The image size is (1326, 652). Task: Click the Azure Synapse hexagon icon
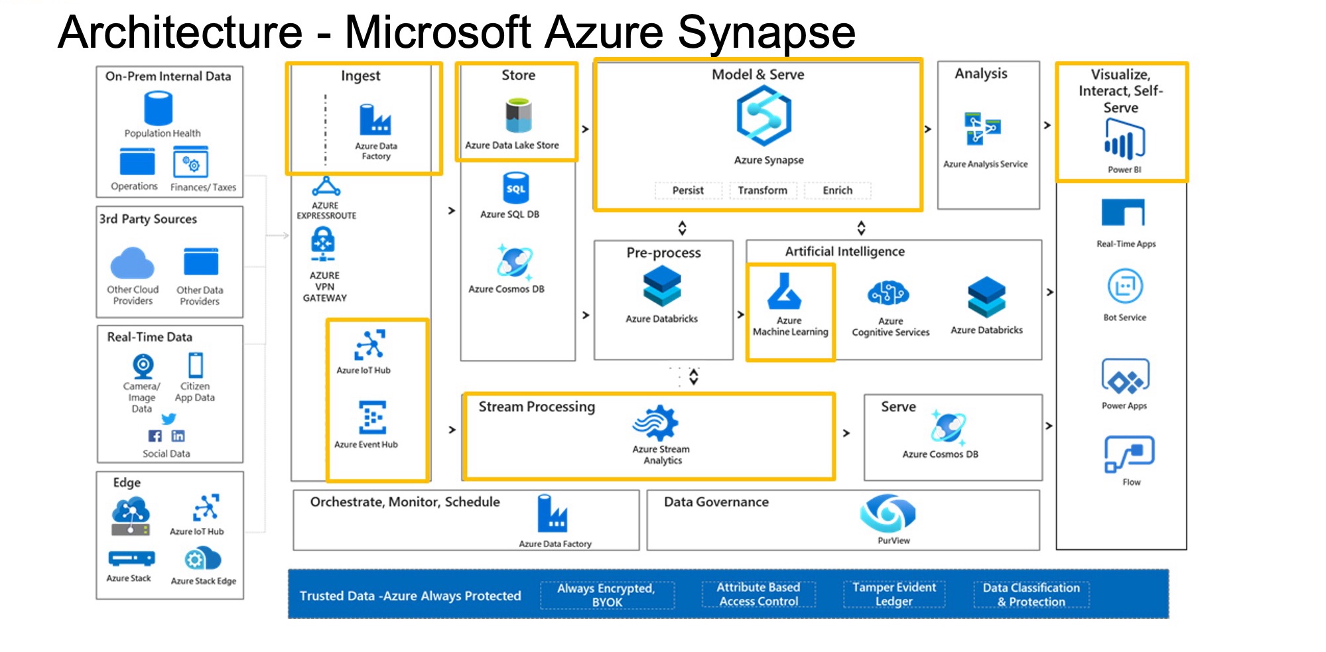click(763, 116)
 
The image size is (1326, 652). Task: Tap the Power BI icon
click(1124, 141)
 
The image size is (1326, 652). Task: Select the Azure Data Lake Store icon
click(518, 116)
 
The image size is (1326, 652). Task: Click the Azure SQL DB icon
click(515, 188)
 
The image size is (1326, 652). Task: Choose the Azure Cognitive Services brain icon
click(888, 293)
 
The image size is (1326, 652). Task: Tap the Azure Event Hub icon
click(372, 417)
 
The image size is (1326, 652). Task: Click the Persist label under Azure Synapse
click(688, 190)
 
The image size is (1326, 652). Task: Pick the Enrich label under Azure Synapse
click(837, 190)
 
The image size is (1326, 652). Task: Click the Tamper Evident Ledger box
click(894, 594)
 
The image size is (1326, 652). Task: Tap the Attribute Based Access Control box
click(759, 594)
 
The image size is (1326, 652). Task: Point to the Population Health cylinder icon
click(159, 109)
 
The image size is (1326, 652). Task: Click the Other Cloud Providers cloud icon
click(133, 263)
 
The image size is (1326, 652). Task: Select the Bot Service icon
click(1125, 287)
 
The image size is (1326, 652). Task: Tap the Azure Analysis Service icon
click(982, 129)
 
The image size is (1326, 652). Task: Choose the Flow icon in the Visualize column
click(1129, 454)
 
